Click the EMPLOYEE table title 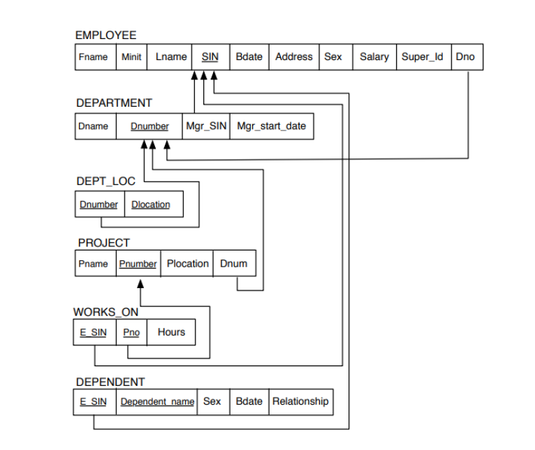point(105,35)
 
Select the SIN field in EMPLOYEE point(210,57)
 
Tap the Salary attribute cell point(374,57)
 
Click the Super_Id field point(423,57)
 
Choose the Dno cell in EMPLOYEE point(465,57)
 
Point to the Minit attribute point(131,57)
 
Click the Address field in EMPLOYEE point(293,57)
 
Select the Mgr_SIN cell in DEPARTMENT point(206,126)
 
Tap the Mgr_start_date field point(271,126)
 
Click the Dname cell point(94,126)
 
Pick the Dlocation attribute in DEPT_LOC point(150,204)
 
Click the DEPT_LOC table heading point(105,181)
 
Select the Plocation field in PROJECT point(187,264)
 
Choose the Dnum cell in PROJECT point(233,264)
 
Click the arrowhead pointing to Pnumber point(140,284)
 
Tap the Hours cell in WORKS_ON point(171,332)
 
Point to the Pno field point(131,333)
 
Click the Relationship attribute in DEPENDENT point(300,401)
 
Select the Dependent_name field point(157,402)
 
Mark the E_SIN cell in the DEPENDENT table point(94,402)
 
